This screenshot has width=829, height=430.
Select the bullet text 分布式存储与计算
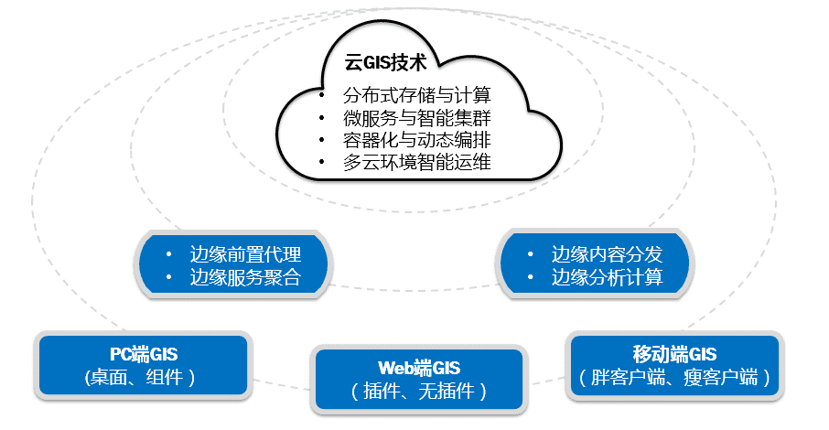(x=417, y=94)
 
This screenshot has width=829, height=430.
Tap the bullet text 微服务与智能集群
(x=417, y=118)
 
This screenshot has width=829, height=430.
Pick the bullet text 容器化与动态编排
(x=417, y=141)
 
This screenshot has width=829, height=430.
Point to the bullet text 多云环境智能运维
(x=417, y=164)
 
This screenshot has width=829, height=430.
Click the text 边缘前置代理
(x=245, y=254)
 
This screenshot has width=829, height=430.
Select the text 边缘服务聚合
(x=245, y=277)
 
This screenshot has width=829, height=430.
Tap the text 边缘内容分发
(x=607, y=254)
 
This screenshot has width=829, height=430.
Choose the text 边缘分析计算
(x=607, y=277)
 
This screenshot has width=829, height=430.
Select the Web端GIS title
(x=420, y=369)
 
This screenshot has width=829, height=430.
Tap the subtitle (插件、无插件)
(x=420, y=392)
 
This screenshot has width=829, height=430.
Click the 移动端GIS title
(x=674, y=354)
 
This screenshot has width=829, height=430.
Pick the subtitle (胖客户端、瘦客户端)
(x=674, y=377)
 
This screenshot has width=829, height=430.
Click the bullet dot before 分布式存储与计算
(x=321, y=95)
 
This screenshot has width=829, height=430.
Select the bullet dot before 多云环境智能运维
(x=321, y=164)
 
